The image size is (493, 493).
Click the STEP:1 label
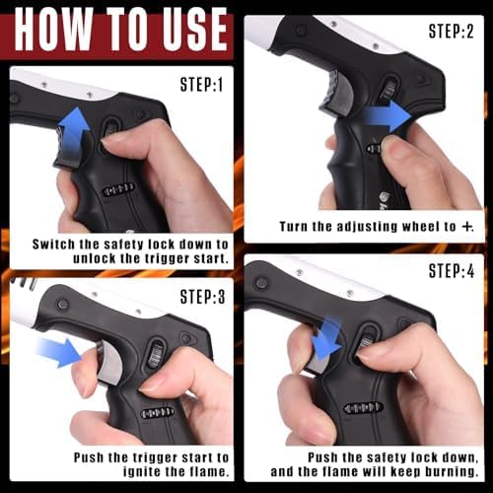click(x=201, y=85)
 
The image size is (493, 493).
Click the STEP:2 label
click(x=452, y=32)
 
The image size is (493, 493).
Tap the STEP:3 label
click(x=203, y=297)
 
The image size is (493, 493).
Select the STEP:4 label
click(x=452, y=271)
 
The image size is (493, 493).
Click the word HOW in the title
click(x=52, y=30)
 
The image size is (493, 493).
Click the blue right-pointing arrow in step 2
click(x=387, y=116)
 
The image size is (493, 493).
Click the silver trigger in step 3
click(x=109, y=363)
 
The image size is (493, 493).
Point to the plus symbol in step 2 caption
click(x=466, y=227)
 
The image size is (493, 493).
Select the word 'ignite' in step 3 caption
click(x=141, y=472)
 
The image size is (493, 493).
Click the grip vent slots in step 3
click(x=157, y=413)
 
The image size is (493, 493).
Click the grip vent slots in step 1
click(x=118, y=189)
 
